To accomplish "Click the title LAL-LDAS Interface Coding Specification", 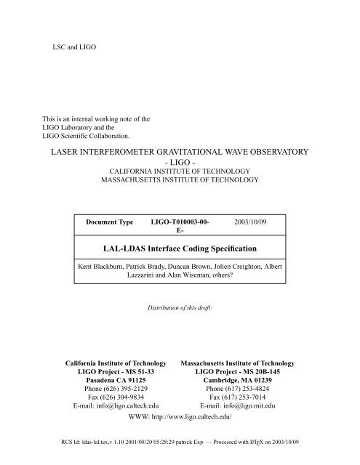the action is (180, 249).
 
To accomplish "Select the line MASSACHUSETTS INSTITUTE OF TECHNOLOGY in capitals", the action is (180, 179).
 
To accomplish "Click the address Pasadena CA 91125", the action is (116, 379).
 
